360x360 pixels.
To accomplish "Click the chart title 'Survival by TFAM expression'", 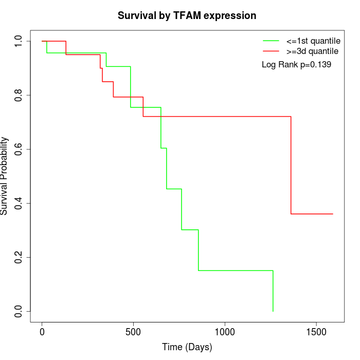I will pos(187,15).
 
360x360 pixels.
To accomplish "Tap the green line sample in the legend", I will pos(271,40).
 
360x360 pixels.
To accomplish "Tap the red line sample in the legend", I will pos(271,51).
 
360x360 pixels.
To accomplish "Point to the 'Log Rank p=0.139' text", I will pos(296,65).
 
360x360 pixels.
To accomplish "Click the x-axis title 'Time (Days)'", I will pos(187,348).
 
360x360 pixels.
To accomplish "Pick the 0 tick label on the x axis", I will pos(42,332).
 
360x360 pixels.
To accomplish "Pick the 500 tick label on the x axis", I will pos(133,332).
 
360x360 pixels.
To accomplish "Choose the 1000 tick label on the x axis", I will pos(225,332).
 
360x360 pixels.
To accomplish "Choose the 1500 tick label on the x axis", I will pos(316,332).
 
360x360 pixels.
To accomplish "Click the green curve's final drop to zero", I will pos(273,291).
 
